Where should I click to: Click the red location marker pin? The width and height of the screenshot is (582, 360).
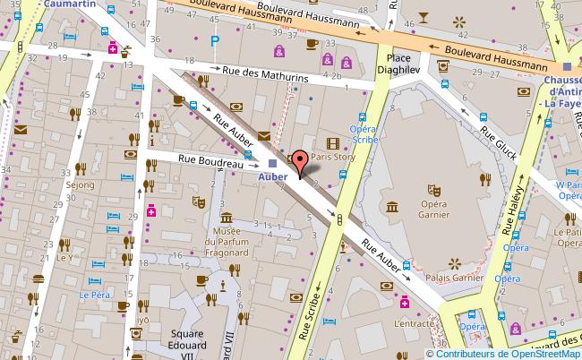click(x=300, y=163)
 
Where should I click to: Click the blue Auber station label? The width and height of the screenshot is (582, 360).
click(x=272, y=176)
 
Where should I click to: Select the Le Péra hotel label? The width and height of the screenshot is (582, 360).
click(x=92, y=295)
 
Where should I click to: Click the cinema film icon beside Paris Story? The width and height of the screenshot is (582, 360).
click(x=334, y=142)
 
